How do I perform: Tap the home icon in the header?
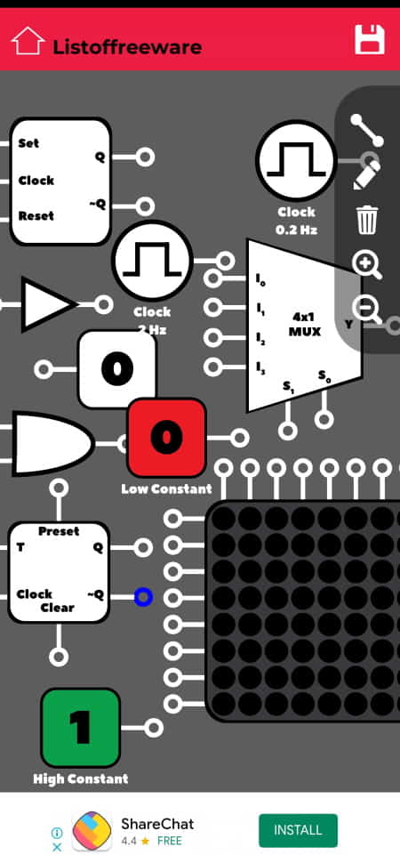click(28, 41)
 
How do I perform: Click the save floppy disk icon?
click(370, 40)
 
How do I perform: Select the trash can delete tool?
click(367, 220)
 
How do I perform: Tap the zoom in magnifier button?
click(367, 264)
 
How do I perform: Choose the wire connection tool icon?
click(367, 130)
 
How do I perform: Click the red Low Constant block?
click(167, 438)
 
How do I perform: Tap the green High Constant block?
click(81, 728)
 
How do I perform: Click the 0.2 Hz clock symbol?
click(296, 158)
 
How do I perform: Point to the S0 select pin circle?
click(324, 419)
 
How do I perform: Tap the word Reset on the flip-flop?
click(36, 215)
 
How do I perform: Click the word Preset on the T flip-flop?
click(59, 531)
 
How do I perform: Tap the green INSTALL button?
click(298, 830)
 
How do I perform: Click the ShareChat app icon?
click(92, 830)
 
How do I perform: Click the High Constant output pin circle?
click(154, 728)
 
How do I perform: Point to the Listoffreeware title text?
click(127, 47)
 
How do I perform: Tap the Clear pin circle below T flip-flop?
click(59, 657)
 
